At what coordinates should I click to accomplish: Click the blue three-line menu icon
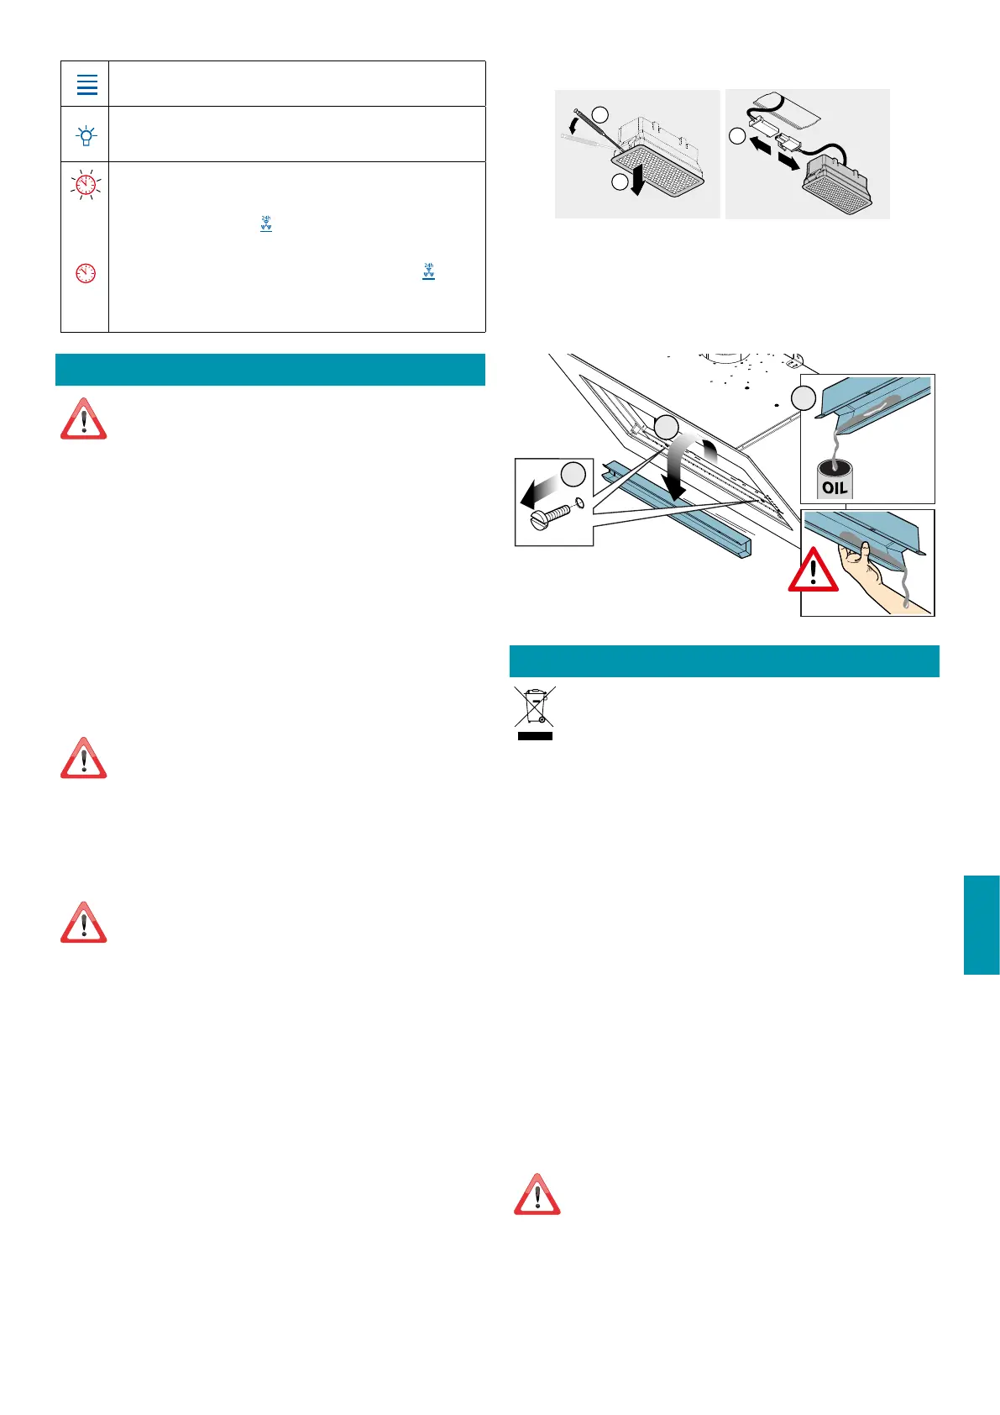87,84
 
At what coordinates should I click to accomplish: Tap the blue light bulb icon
86,135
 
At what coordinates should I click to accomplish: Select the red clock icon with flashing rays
86,184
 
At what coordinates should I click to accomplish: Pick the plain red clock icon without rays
86,273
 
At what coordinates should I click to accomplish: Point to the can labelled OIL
835,481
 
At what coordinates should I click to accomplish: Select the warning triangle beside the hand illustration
813,571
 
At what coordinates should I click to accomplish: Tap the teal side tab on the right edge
982,924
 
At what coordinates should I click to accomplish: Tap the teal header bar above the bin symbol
724,661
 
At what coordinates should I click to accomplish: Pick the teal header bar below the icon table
270,370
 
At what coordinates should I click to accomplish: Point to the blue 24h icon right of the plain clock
428,271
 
